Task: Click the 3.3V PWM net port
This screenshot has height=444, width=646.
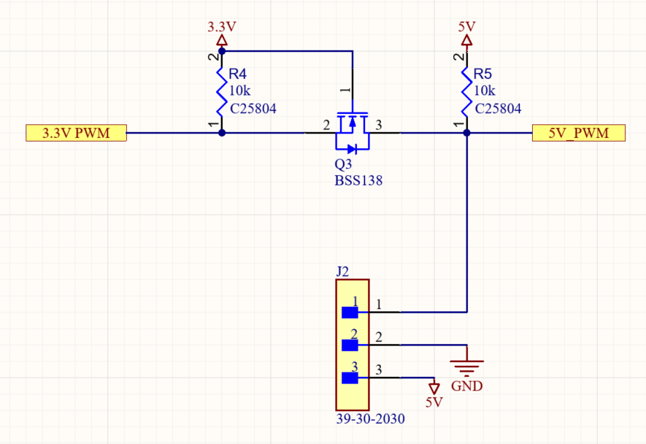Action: point(76,134)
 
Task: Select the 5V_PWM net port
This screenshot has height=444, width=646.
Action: point(579,134)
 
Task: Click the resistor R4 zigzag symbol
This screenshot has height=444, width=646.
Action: point(222,91)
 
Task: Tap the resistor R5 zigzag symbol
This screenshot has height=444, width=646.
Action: point(467,91)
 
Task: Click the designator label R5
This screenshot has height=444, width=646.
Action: point(483,74)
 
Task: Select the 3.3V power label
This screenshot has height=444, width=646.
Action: point(222,27)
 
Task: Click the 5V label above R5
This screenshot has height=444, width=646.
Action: point(467,27)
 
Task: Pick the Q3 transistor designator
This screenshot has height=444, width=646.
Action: point(342,164)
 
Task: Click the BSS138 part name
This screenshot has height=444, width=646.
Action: point(358,180)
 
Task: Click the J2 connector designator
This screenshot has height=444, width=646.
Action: point(342,272)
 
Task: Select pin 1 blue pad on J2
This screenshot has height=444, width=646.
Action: point(350,313)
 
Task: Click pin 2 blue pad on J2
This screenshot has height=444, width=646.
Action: point(350,345)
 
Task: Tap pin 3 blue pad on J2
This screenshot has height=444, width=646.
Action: point(350,378)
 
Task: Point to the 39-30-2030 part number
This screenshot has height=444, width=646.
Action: point(371,420)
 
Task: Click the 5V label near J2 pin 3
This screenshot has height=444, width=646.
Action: point(434,402)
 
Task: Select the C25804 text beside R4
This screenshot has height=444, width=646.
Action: point(253,109)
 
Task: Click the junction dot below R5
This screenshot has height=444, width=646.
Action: point(467,133)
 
